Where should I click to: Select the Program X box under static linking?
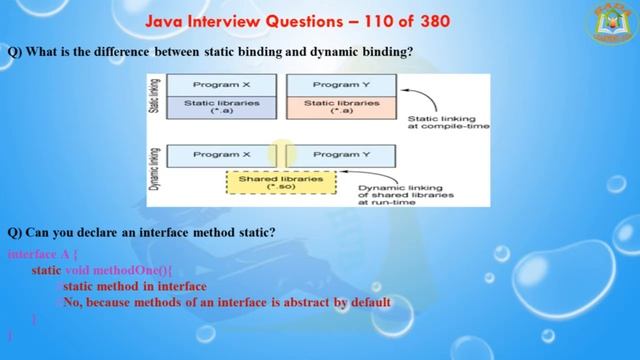(222, 85)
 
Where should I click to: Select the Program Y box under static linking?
(341, 85)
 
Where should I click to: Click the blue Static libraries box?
(222, 106)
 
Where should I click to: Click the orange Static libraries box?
(341, 106)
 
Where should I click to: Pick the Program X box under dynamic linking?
(222, 155)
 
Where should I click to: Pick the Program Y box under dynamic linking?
(341, 155)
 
